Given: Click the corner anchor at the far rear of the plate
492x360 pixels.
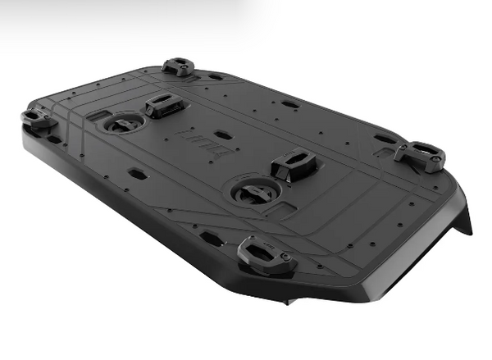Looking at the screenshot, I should click(x=178, y=66).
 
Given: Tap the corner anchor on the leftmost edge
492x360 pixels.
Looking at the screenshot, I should click(x=35, y=119).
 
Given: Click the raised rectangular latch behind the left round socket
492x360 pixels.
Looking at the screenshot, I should click(x=163, y=104).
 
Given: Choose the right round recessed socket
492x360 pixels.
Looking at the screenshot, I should click(x=249, y=192).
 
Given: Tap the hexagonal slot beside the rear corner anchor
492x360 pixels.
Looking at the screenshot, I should click(x=216, y=77).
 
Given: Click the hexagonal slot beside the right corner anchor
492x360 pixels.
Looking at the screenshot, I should click(x=385, y=138).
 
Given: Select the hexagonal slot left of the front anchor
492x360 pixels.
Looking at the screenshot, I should click(x=211, y=238).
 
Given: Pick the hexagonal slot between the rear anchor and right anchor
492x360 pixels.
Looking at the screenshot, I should click(x=290, y=104).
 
